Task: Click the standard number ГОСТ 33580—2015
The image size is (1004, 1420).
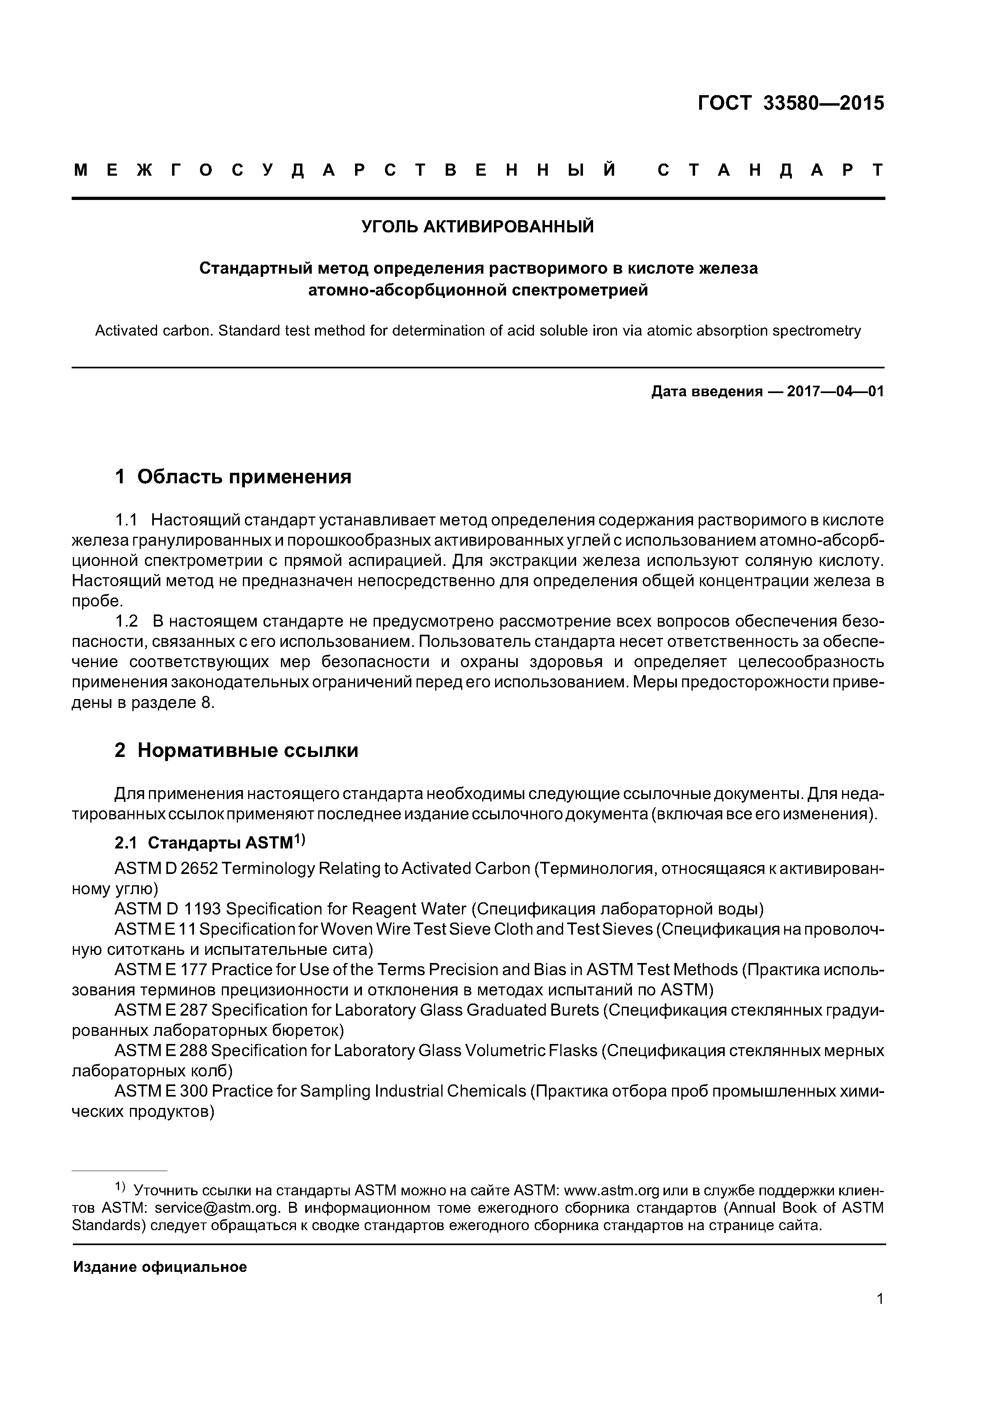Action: coord(791,103)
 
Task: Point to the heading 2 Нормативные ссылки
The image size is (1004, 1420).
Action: coord(236,750)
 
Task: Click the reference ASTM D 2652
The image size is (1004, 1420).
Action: coord(166,869)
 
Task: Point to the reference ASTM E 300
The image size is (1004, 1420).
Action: coord(161,1091)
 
